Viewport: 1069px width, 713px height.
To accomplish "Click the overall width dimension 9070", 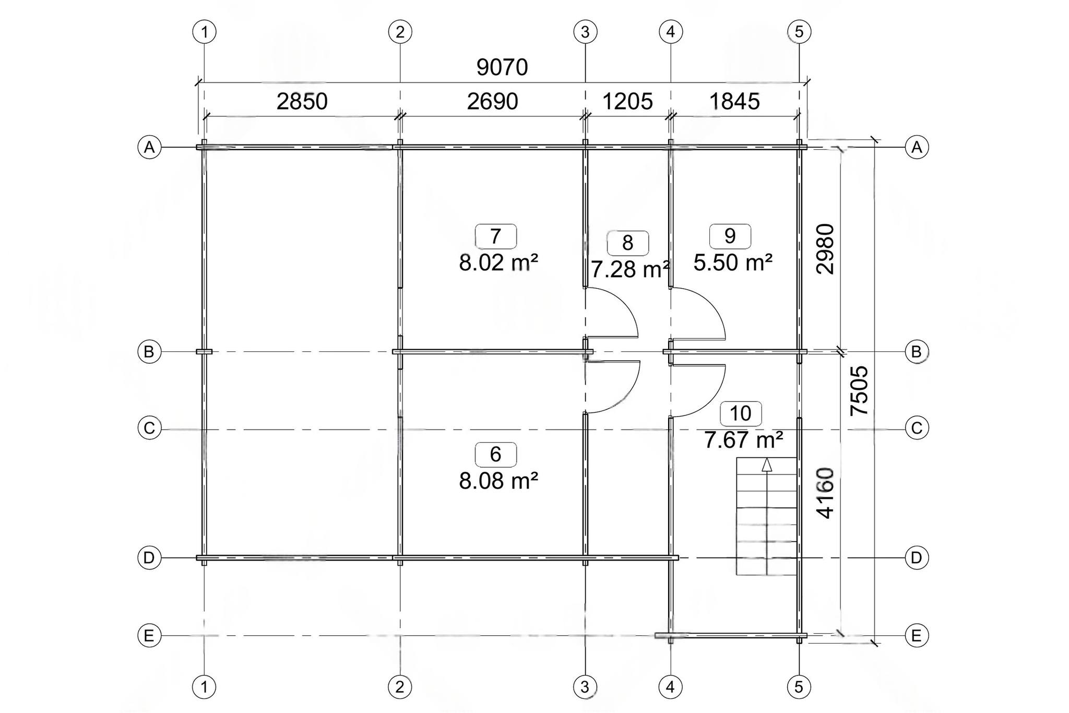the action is pos(502,67).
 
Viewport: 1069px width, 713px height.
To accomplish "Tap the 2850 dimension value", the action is pos(302,101).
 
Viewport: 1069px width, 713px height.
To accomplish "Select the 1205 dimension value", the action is pos(627,101).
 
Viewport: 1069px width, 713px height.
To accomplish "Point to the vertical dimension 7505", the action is pos(859,390).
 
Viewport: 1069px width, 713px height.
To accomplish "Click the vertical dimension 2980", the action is pos(825,249).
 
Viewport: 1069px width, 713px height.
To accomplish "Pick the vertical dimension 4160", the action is pos(825,493).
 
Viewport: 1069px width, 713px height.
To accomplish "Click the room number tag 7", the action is pos(496,236).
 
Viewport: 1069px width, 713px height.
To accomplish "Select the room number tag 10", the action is pos(741,413).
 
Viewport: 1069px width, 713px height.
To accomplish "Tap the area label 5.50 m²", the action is pos(733,263).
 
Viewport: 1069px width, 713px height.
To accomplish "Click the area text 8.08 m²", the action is pos(498,480).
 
